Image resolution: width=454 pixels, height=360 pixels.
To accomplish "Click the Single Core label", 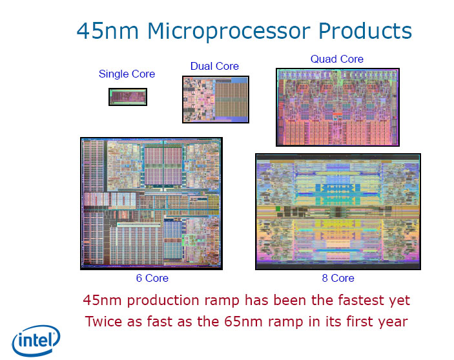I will pos(127,74).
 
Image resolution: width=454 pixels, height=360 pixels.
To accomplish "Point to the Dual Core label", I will pos(214,67).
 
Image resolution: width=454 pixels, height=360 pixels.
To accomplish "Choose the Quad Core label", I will pos(336,59).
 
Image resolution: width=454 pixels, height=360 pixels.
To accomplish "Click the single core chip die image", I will pos(127,97).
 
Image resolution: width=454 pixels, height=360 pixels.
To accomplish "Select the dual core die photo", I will pos(215,99).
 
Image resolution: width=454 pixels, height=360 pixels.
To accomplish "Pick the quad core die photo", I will pos(337,107).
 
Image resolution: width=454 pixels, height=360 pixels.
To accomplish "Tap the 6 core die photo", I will pos(151,203).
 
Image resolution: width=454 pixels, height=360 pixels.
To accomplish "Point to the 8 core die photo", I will pos(337,211).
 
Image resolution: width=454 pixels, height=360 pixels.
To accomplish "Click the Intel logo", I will pos(36,339).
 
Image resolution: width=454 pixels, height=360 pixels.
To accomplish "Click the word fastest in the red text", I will pos(361,301).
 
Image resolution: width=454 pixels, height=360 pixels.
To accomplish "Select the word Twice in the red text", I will pos(103,321).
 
